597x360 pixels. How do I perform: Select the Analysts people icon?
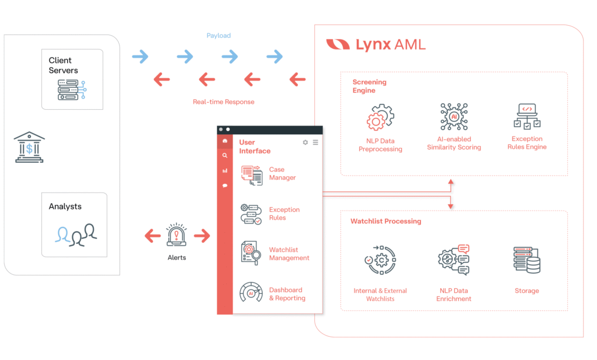(76, 234)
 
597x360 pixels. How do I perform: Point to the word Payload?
(219, 36)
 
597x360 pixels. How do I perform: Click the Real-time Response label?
(223, 102)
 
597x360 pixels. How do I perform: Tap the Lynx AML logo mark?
(338, 44)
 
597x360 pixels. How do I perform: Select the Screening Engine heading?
(369, 86)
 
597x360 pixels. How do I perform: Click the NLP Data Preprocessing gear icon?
(380, 117)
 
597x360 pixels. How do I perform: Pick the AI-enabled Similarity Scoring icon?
(454, 117)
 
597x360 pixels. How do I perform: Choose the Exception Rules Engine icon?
(526, 116)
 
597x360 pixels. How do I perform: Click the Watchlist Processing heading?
(385, 222)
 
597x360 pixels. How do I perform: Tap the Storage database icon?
(526, 260)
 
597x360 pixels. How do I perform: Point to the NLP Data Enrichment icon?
(454, 260)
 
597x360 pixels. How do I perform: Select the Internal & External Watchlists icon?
(380, 260)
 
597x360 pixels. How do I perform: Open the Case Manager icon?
(251, 174)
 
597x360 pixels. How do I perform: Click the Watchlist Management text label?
(289, 254)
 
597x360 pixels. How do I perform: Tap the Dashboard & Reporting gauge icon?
(251, 293)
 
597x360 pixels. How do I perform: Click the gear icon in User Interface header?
(305, 142)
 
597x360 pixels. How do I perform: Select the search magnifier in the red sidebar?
(225, 156)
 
